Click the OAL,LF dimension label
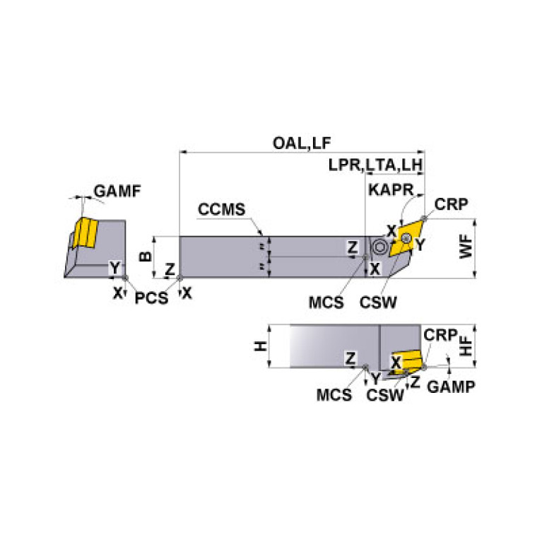click(302, 143)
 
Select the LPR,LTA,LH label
click(376, 165)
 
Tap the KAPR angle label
click(391, 190)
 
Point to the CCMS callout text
click(222, 209)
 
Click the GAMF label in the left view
click(117, 192)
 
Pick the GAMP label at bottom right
click(451, 387)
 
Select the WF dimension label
click(466, 247)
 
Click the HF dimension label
click(466, 346)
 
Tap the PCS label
click(151, 298)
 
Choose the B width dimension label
click(145, 256)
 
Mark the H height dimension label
click(261, 346)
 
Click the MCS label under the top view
click(326, 303)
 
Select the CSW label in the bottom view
click(385, 396)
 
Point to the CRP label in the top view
click(451, 204)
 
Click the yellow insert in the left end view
click(86, 232)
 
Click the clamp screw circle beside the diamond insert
click(379, 247)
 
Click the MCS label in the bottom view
click(334, 395)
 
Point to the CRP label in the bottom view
click(440, 335)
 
